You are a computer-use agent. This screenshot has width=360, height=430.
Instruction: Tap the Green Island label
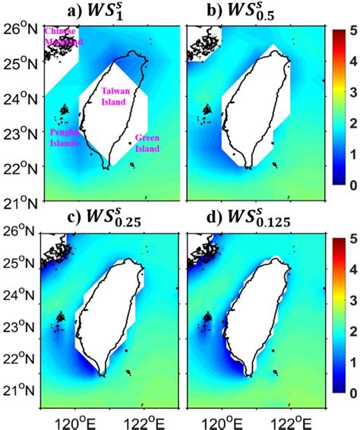pyautogui.click(x=147, y=144)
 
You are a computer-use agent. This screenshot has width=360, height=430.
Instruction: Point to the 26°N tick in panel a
pyautogui.click(x=22, y=29)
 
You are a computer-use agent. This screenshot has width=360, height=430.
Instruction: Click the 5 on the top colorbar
pyautogui.click(x=349, y=33)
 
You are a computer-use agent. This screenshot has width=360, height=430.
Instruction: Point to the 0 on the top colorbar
pyautogui.click(x=349, y=185)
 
